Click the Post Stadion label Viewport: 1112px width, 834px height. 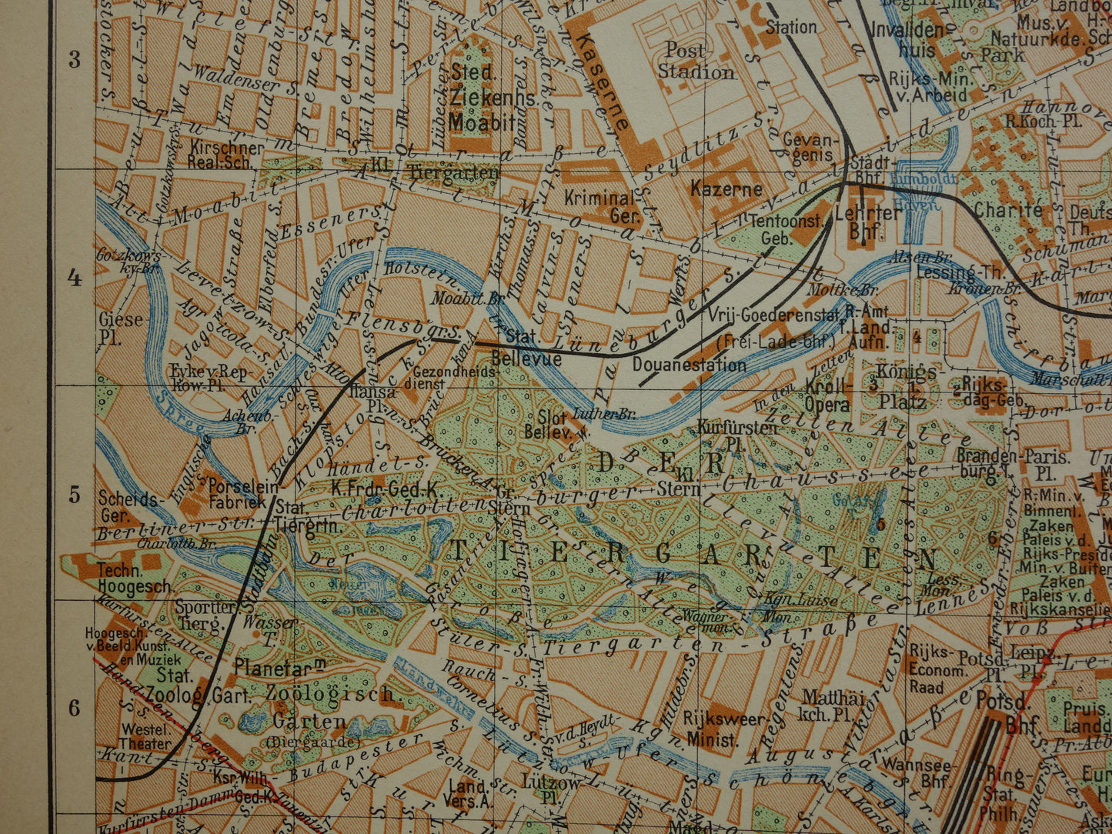point(695,62)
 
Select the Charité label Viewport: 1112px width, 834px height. point(1008,209)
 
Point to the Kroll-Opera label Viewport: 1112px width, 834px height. point(828,395)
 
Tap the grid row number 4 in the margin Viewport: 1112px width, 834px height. point(75,279)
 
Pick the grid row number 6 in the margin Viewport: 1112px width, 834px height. point(75,708)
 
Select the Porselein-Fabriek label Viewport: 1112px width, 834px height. point(236,495)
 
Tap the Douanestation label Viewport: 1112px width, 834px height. point(689,365)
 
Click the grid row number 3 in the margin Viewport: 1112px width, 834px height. point(75,59)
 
